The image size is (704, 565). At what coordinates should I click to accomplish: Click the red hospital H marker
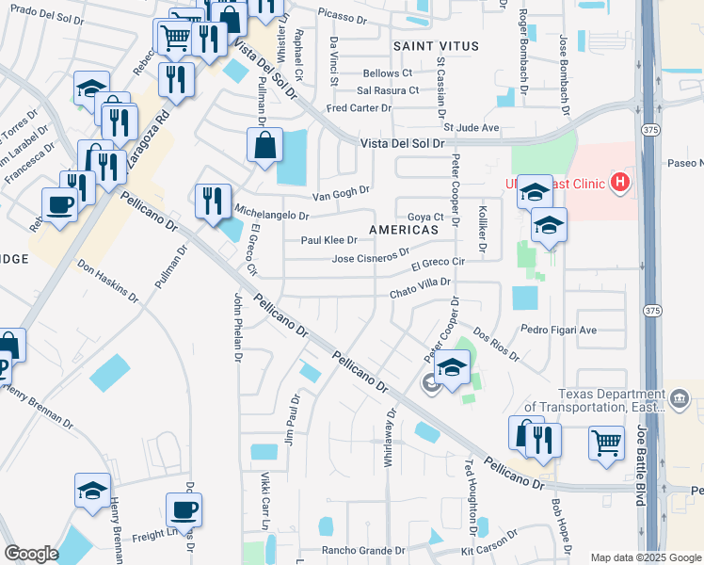620,182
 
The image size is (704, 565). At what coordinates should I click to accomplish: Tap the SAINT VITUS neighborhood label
436,46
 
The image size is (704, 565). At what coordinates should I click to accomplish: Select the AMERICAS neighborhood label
404,230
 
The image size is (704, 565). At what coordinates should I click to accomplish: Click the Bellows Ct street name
388,73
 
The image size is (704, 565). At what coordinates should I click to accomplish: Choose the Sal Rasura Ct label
388,90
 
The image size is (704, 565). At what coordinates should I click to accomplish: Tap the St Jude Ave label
472,127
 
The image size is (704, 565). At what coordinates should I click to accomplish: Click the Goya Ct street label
425,217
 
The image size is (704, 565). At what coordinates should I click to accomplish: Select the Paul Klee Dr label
328,240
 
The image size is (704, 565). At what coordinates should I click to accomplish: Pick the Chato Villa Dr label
422,294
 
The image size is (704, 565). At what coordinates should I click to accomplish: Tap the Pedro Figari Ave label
559,331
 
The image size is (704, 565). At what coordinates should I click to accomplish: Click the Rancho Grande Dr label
363,550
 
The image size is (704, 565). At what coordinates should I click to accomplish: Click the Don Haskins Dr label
108,282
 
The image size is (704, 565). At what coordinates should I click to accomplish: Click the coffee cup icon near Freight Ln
184,510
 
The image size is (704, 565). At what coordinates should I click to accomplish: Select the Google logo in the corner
32,554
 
